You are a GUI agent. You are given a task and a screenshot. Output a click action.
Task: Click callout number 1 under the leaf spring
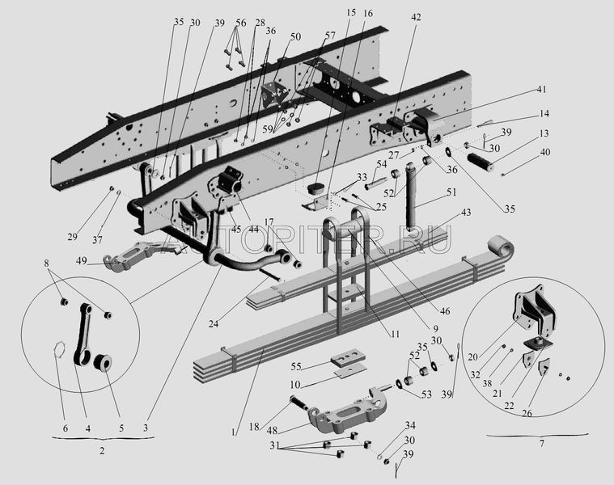point(233,432)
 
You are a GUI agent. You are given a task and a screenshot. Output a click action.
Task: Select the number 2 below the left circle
point(102,451)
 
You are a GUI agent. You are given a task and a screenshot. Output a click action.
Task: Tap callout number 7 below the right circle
point(541,443)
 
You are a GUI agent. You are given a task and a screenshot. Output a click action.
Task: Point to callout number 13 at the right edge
point(544,133)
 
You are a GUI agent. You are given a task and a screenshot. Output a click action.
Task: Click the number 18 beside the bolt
point(253,426)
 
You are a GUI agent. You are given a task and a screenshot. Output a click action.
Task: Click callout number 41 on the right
point(540,89)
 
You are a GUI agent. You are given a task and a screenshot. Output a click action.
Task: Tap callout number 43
point(465,212)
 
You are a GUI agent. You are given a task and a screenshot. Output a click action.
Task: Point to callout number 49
point(83,260)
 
